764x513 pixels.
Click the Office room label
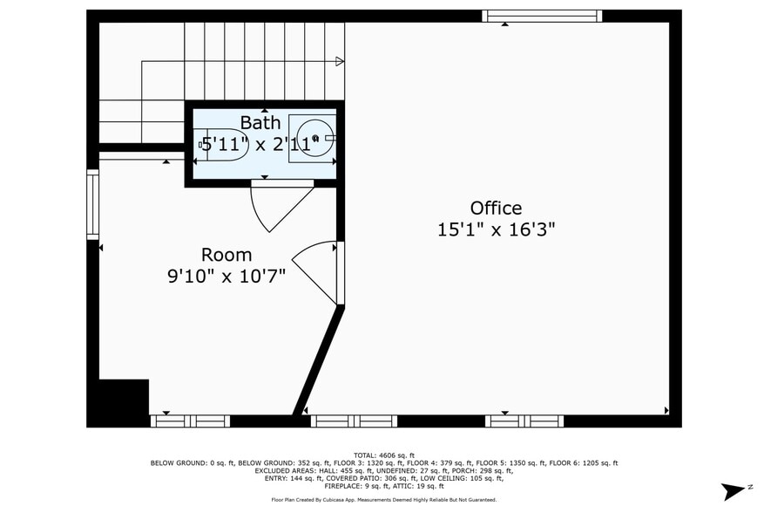[496, 208]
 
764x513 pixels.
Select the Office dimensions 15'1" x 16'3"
[496, 229]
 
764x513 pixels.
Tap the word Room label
[226, 255]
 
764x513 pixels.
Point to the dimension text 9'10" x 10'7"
[226, 277]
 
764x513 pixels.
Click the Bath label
[260, 122]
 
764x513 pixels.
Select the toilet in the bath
[223, 144]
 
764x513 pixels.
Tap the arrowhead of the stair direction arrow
[340, 61]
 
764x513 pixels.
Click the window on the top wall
[542, 16]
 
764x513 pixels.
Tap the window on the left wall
[92, 204]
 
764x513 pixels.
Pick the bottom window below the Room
[190, 421]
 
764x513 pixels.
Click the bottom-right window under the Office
[524, 421]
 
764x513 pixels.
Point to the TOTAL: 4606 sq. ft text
[383, 455]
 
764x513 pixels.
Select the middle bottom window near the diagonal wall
[354, 421]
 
